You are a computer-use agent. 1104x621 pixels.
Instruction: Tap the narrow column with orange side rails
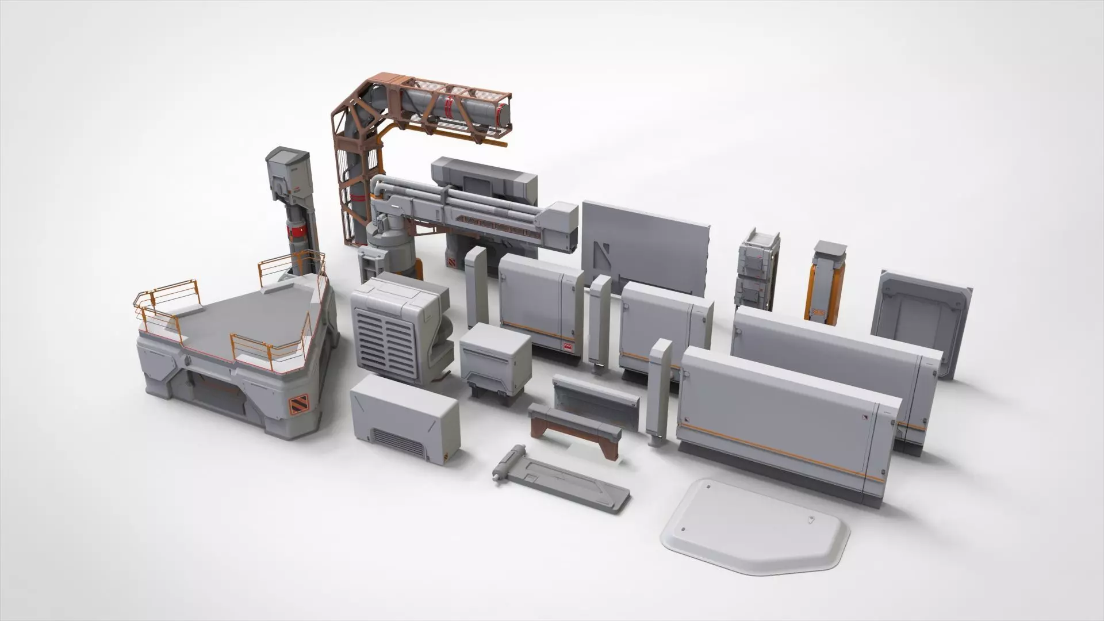pos(827,282)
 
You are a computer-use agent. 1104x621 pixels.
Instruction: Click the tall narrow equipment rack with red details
pos(757,269)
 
